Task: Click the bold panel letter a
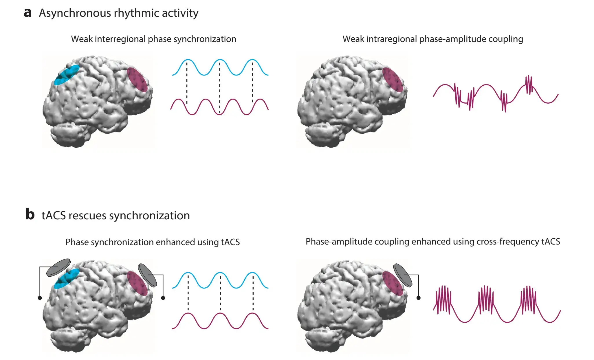[x=27, y=13]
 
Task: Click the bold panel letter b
[x=30, y=214]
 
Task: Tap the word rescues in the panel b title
[x=87, y=216]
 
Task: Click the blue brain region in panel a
[x=67, y=75]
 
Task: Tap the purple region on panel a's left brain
[x=137, y=80]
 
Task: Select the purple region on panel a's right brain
[x=393, y=80]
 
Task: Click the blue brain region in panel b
[x=67, y=278]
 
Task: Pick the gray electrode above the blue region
[x=58, y=267]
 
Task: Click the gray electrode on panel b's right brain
[x=403, y=275]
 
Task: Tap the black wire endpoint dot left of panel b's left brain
[x=40, y=298]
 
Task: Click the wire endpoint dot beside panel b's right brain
[x=418, y=298]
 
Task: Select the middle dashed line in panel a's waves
[x=220, y=87]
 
